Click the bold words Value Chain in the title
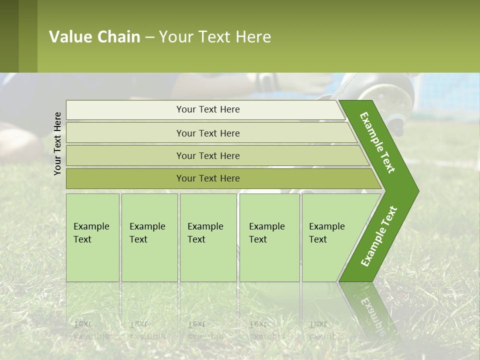coord(94,37)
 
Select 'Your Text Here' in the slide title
coord(215,37)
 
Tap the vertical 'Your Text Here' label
coord(57,143)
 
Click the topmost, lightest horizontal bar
coord(207,109)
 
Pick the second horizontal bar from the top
coord(207,133)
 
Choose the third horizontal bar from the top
coord(207,155)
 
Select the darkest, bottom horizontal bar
coord(207,178)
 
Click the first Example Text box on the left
coord(92,237)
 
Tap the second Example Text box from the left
coord(149,237)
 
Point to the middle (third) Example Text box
coord(208,237)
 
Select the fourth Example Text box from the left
coord(269,237)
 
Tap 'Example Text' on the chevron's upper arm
coord(377,142)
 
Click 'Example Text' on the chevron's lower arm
coord(378,236)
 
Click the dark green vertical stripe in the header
coord(9,36)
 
